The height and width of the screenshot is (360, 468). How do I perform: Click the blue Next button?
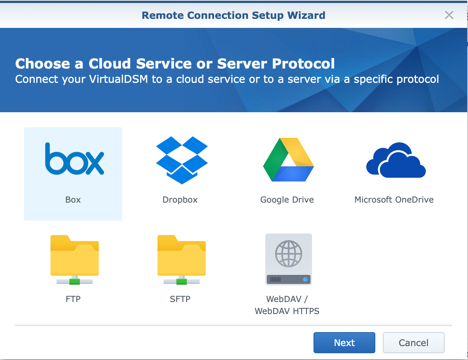coord(344,343)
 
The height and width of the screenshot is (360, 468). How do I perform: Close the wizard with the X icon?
coord(449,15)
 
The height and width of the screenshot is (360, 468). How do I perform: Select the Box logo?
coord(75,159)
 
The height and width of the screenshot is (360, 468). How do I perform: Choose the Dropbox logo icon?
coord(182,160)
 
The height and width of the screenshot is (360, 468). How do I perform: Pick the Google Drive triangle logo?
coord(288,159)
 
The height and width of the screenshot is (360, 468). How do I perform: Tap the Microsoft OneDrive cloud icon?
coord(396,160)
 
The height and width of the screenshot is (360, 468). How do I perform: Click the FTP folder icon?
coord(75,260)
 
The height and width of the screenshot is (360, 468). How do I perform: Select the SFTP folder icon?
coord(182,260)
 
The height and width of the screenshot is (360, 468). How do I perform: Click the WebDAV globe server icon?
coord(288,259)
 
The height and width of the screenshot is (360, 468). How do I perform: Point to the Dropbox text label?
coord(180,200)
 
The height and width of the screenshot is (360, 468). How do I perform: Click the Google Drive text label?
coord(287,200)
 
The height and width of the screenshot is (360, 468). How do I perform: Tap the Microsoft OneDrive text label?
coord(394,200)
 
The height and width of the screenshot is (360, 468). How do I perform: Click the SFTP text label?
coord(180,299)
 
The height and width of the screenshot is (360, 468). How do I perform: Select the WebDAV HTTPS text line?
coord(287,311)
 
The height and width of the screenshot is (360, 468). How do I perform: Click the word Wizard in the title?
coord(306,15)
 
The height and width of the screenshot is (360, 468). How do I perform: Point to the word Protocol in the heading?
coord(303,64)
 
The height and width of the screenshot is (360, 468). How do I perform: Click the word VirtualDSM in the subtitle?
coord(118,79)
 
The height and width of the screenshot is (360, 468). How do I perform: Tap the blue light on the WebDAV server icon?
coord(305,279)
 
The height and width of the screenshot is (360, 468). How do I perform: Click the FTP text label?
coord(73,299)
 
